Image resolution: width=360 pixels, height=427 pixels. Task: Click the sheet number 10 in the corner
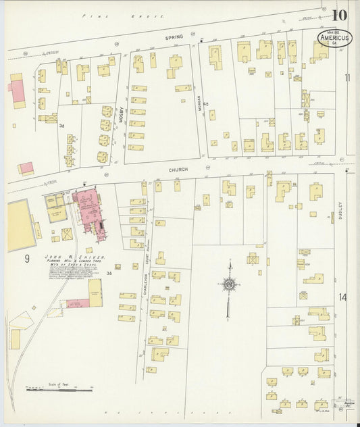pyautogui.click(x=340, y=14)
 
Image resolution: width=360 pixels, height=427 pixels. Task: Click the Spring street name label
pyautogui.click(x=174, y=39)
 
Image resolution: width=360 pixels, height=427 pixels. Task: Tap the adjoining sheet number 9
pyautogui.click(x=27, y=258)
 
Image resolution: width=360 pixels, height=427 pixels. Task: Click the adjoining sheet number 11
pyautogui.click(x=347, y=78)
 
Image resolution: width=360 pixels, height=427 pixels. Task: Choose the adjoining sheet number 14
pyautogui.click(x=343, y=297)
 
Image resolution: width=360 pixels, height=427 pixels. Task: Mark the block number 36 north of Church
pyautogui.click(x=61, y=126)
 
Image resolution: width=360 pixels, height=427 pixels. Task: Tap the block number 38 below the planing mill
pyautogui.click(x=109, y=273)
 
